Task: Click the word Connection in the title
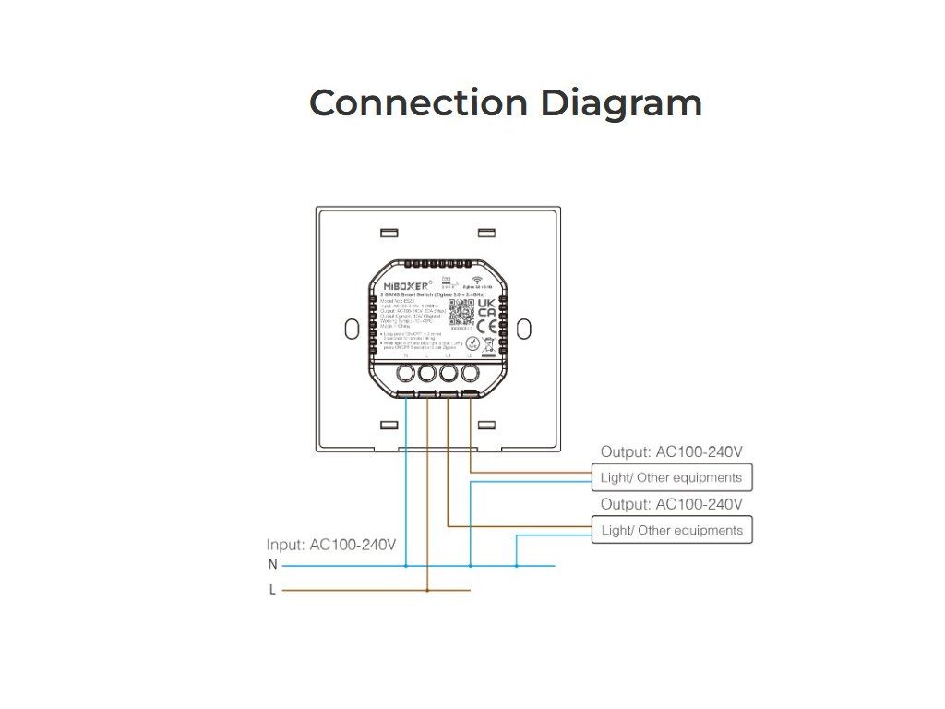pos(418,102)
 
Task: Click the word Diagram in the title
pos(621,102)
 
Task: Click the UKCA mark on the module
pos(487,306)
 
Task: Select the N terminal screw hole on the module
pos(405,374)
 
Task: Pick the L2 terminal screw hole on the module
pos(471,374)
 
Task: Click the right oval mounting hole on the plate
pos(525,329)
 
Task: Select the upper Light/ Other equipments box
pos(672,477)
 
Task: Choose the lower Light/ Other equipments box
pos(672,530)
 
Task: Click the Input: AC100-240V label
pos(331,545)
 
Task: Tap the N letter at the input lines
pos(272,565)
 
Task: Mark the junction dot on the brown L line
pos(427,590)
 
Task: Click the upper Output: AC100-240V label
pos(672,452)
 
